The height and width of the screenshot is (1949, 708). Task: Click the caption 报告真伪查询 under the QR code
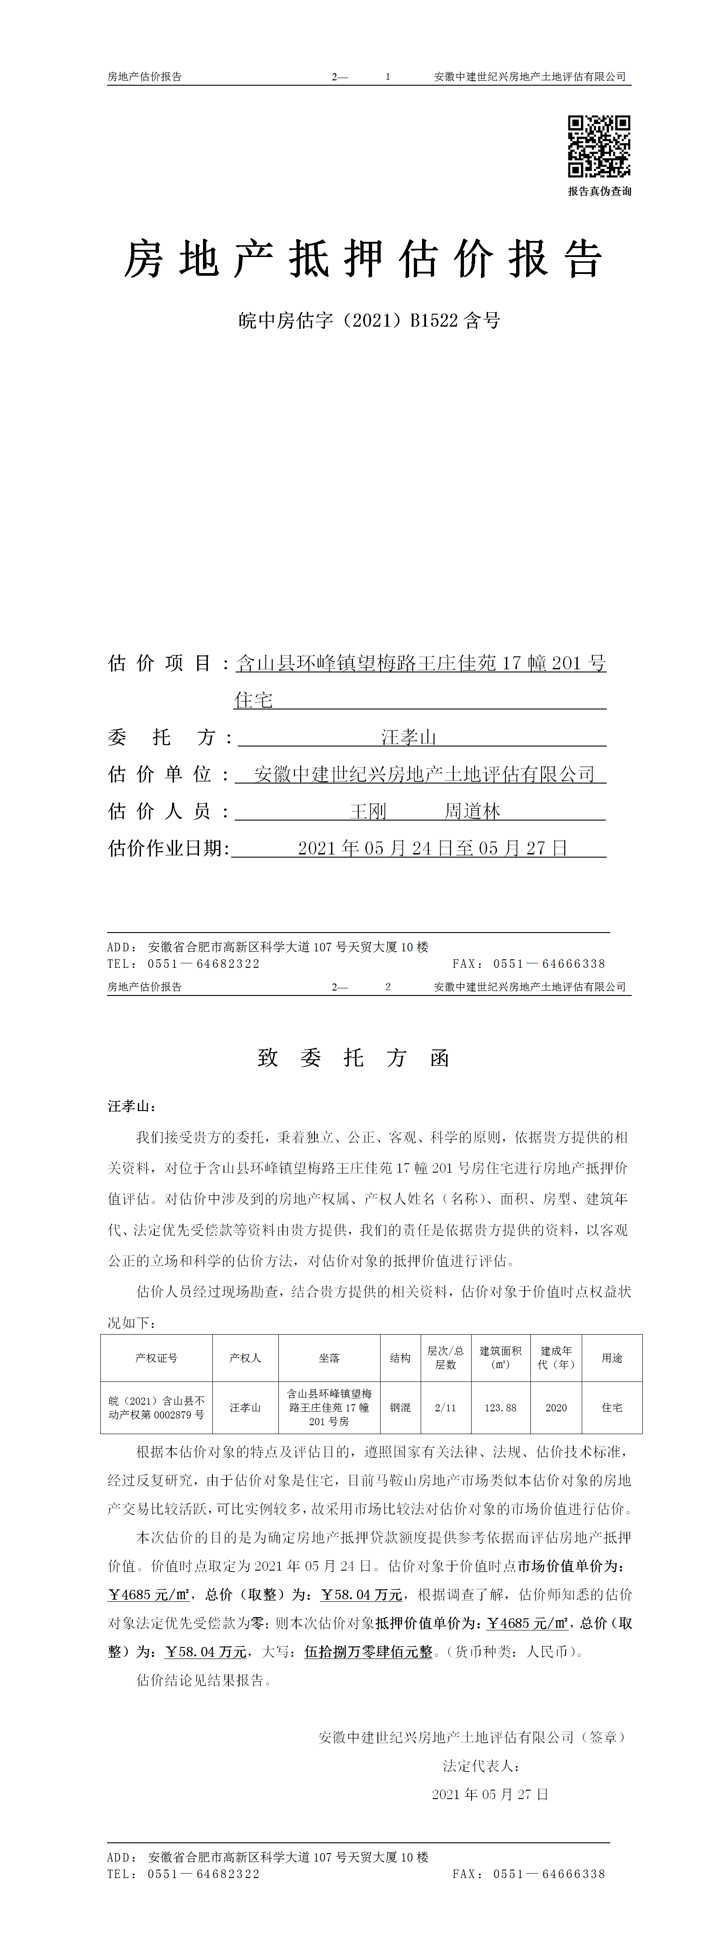click(599, 191)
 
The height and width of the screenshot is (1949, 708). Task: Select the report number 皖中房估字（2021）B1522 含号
click(369, 321)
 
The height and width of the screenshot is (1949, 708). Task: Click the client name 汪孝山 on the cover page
click(409, 737)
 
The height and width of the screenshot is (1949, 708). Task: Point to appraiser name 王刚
click(368, 811)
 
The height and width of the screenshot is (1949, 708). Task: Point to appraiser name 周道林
click(472, 811)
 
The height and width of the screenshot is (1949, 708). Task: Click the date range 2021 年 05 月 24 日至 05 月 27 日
click(433, 848)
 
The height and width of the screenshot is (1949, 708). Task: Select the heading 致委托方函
click(354, 1058)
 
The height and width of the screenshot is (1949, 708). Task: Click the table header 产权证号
click(157, 1358)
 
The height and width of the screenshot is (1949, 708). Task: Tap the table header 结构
click(400, 1358)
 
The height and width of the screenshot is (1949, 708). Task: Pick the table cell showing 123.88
click(501, 1408)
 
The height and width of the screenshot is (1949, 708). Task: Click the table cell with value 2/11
click(446, 1408)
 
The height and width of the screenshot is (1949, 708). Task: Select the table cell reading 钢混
click(400, 1408)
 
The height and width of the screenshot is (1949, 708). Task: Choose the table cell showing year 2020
click(556, 1408)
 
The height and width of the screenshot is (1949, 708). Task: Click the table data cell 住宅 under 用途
click(612, 1408)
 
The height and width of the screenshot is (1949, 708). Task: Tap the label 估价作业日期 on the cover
click(168, 848)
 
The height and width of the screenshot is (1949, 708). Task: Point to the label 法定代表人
click(481, 1766)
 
